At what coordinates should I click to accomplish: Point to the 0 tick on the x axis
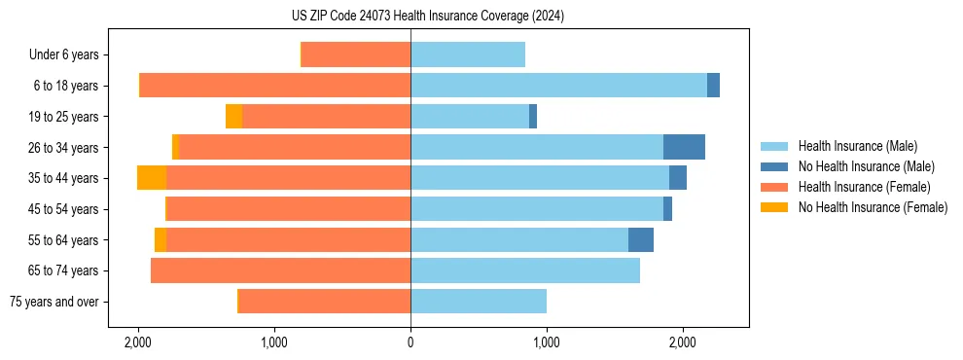410,342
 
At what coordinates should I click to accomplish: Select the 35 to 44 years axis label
64,178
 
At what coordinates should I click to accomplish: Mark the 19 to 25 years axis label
64,117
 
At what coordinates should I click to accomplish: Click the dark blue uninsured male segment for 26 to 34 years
684,147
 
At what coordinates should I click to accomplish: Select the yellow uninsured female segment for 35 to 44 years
152,178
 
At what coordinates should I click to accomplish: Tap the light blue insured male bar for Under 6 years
468,54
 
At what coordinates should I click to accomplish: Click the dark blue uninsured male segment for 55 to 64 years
641,239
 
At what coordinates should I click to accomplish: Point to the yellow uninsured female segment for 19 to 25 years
234,117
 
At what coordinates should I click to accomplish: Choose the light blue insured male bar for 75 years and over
479,302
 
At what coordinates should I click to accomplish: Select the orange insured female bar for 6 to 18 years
275,86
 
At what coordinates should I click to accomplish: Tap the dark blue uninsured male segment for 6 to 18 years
713,86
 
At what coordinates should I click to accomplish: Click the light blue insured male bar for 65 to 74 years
525,270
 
